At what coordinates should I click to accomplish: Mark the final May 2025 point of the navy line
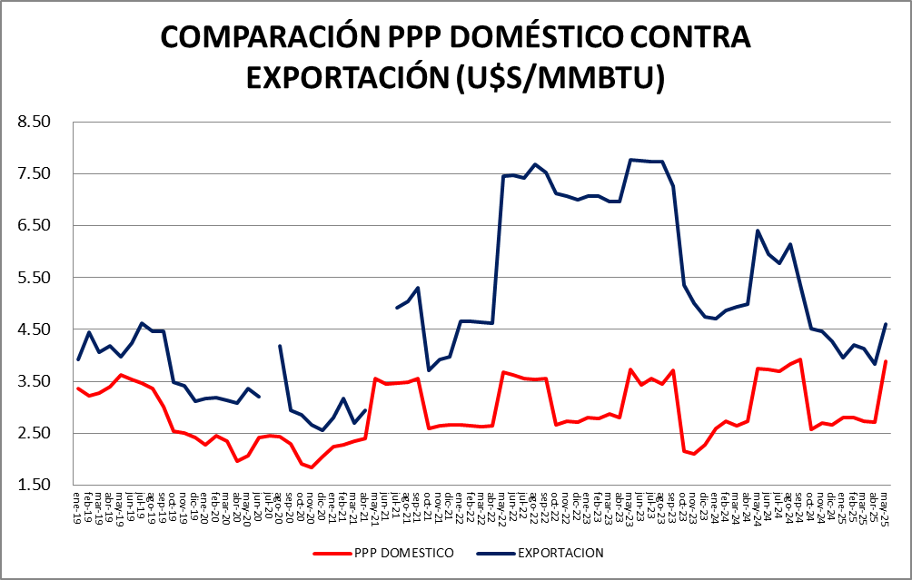tap(886, 324)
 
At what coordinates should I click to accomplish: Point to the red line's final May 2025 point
tap(886, 361)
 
